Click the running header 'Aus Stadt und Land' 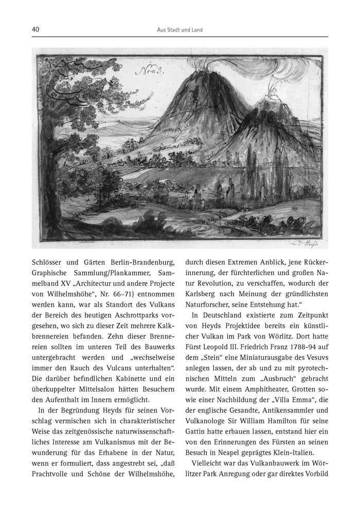point(179,30)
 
